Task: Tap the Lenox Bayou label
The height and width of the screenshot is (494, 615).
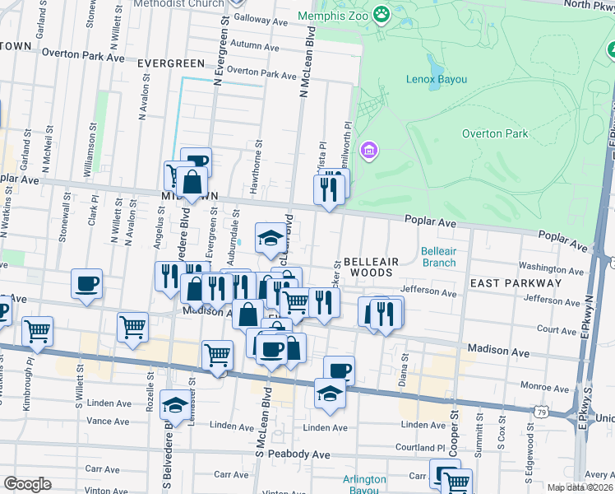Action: click(x=437, y=79)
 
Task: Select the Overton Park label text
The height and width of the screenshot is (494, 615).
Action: click(x=494, y=133)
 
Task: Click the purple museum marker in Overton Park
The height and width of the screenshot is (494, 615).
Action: click(x=370, y=151)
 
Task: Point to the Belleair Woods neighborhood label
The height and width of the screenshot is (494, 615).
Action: click(x=370, y=267)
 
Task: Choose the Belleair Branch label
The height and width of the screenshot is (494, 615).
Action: click(x=438, y=257)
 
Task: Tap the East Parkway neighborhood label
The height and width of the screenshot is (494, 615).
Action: click(x=516, y=283)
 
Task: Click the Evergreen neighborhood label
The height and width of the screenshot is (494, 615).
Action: click(x=171, y=63)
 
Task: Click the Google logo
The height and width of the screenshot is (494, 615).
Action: click(x=27, y=484)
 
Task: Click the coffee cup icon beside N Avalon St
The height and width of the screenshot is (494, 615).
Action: click(x=86, y=284)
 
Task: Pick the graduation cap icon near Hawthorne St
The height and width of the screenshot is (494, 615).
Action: click(x=271, y=238)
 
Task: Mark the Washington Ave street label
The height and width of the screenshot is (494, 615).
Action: click(x=550, y=268)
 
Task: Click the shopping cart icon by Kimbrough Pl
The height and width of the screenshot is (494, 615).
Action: click(x=37, y=332)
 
